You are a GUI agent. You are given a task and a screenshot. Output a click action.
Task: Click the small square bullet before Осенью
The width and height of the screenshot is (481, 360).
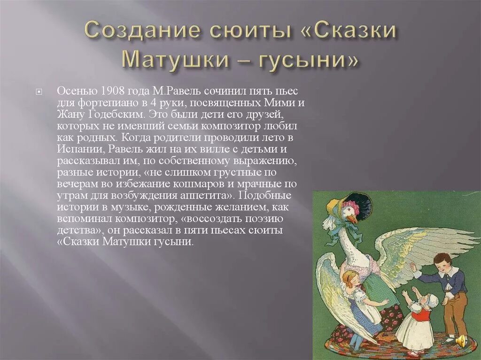click(39, 91)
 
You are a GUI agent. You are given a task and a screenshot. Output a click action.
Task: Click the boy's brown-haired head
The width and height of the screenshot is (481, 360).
click(442, 260)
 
